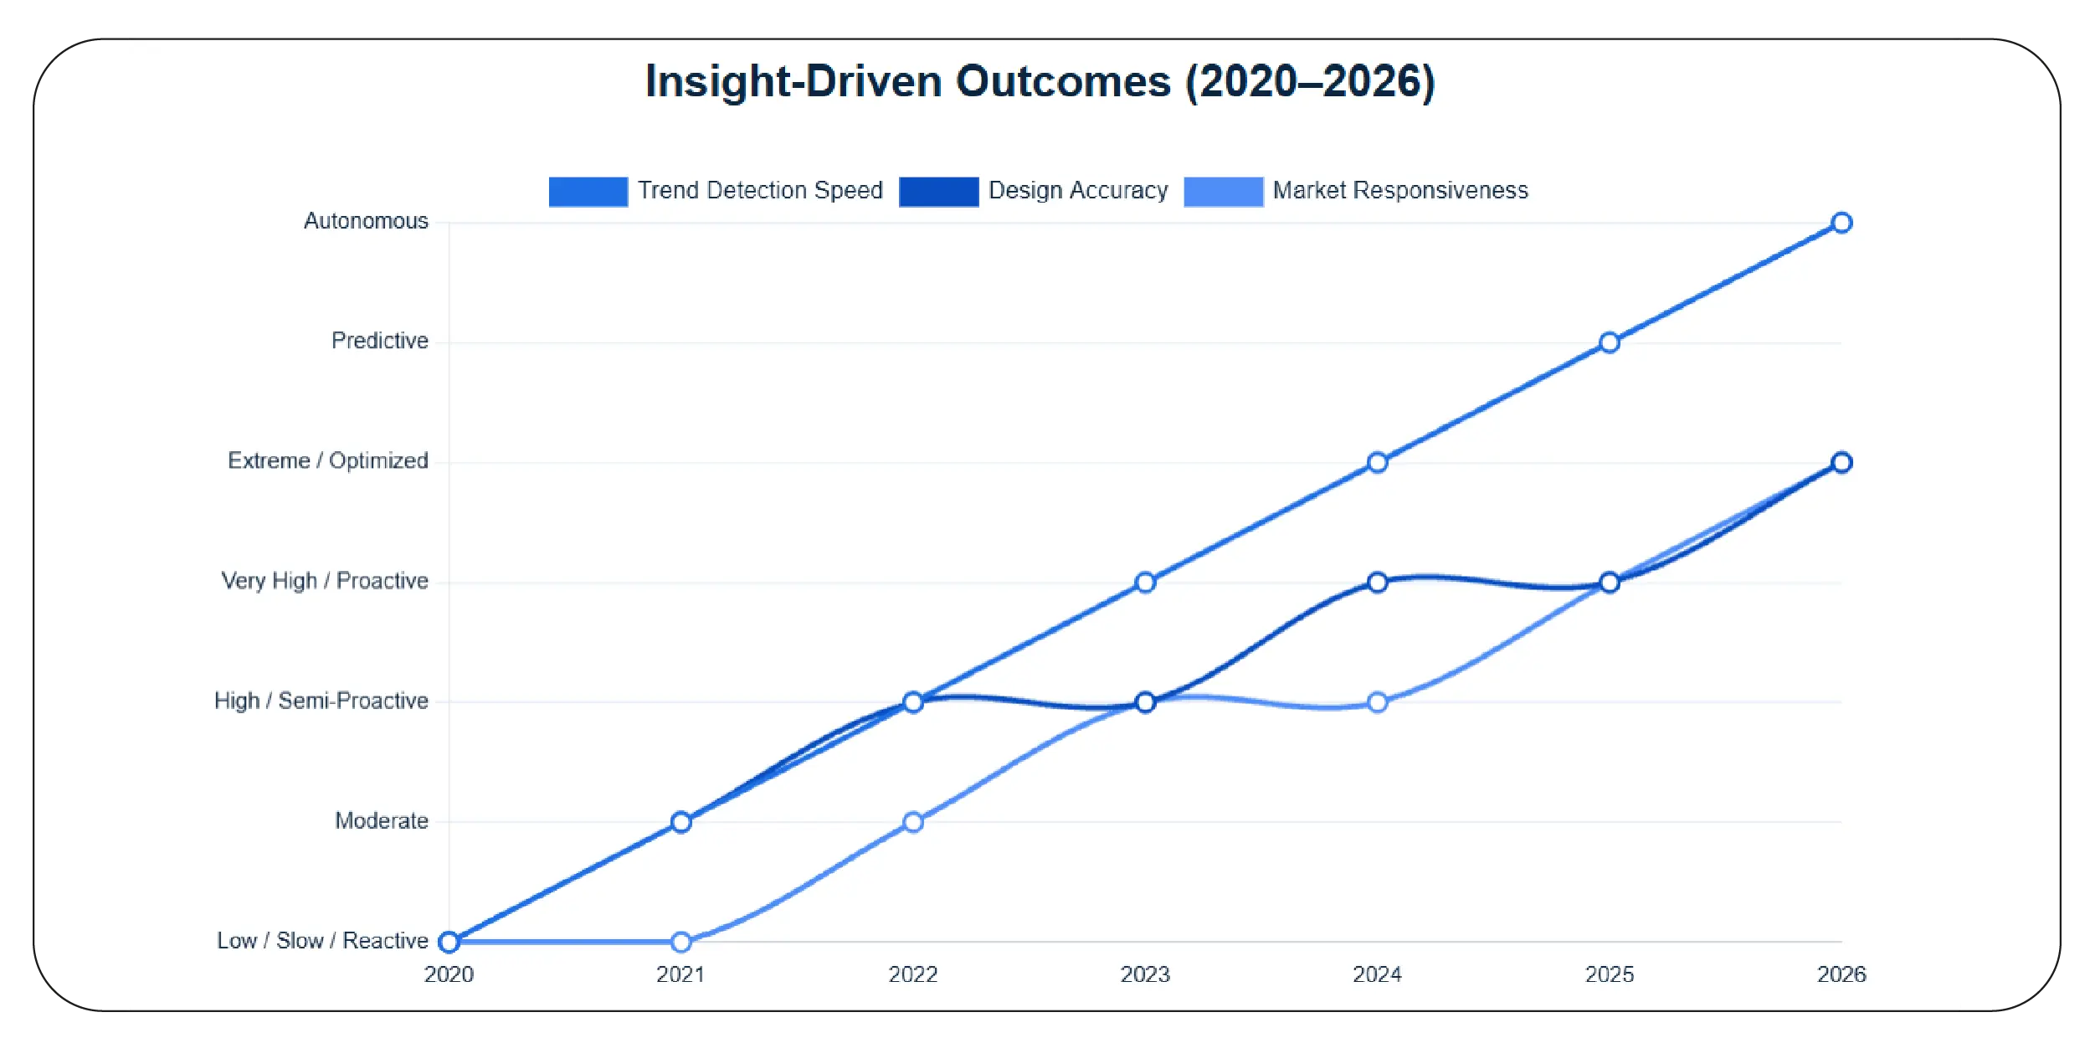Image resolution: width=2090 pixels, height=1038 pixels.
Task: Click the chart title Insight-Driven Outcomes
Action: click(1040, 82)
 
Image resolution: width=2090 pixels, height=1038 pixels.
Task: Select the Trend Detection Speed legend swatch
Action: click(588, 192)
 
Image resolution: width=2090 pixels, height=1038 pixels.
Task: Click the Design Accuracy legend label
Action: click(1077, 191)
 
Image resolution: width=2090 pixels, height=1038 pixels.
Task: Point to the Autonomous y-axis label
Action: click(366, 221)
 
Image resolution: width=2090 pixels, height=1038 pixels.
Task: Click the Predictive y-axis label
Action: click(379, 341)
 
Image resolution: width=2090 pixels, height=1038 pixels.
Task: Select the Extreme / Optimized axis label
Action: click(327, 460)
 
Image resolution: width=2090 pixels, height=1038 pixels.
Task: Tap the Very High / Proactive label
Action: click(324, 581)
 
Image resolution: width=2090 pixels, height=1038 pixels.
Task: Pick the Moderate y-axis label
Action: click(381, 820)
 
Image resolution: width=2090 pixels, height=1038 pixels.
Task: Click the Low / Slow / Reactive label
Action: click(322, 941)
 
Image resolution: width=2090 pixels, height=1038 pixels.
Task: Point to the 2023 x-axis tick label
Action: click(1144, 974)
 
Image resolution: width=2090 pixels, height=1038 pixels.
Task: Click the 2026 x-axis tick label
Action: click(1841, 974)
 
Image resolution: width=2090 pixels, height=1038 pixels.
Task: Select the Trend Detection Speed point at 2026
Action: click(1841, 223)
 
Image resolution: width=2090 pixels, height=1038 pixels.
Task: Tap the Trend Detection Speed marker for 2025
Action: click(1609, 342)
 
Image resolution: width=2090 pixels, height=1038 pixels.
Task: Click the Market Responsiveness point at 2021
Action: click(680, 942)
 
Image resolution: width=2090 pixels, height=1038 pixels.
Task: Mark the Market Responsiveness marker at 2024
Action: click(1377, 702)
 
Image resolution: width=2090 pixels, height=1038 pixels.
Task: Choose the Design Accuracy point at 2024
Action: click(1377, 582)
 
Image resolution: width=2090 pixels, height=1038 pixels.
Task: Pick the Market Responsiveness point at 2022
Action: click(912, 822)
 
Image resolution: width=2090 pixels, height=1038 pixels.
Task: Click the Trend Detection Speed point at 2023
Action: click(1144, 582)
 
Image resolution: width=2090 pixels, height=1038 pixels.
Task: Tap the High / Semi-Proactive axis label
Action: click(321, 701)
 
